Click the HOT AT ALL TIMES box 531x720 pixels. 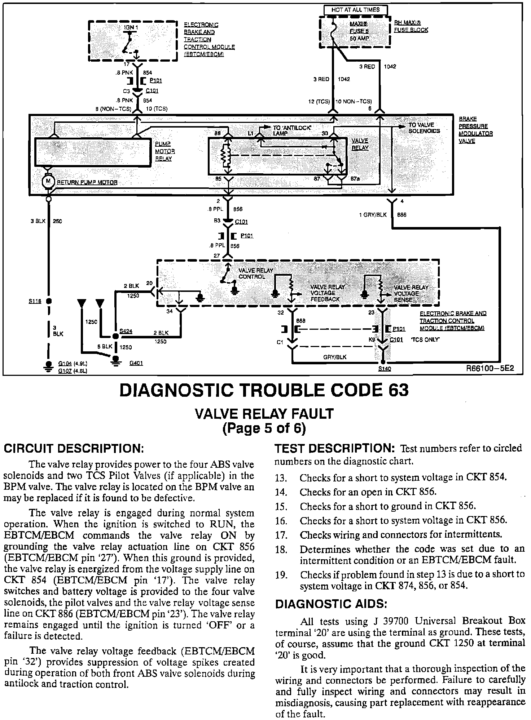pyautogui.click(x=355, y=10)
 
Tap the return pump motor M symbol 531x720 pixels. pyautogui.click(x=47, y=181)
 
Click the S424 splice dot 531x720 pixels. pyautogui.click(x=115, y=336)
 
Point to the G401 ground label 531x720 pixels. pyautogui.click(x=136, y=363)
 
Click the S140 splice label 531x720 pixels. pyautogui.click(x=385, y=369)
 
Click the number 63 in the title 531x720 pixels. pyautogui.click(x=396, y=390)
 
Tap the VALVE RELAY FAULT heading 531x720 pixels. pyautogui.click(x=264, y=413)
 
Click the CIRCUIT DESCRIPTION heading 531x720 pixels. pyautogui.click(x=74, y=449)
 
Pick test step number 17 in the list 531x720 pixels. pyautogui.click(x=281, y=535)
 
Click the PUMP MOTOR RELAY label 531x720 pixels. pyautogui.click(x=163, y=151)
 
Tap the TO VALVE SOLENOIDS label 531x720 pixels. pyautogui.click(x=424, y=128)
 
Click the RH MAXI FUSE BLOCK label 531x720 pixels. pyautogui.click(x=411, y=26)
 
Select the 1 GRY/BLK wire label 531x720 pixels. pyautogui.click(x=373, y=215)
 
